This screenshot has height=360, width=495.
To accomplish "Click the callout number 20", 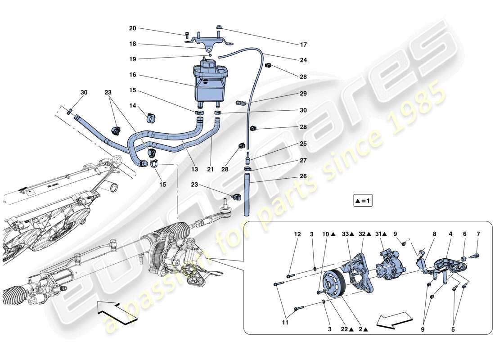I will click(x=132, y=28).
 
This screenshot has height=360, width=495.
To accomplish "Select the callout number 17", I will click(x=303, y=45).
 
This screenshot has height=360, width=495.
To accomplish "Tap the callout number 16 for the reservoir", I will click(x=132, y=75).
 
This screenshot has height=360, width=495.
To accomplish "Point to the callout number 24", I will click(x=303, y=60).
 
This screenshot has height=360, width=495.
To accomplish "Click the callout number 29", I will click(x=303, y=94).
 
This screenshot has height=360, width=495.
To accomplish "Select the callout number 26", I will click(x=303, y=176).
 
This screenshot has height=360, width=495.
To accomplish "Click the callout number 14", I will click(x=132, y=105).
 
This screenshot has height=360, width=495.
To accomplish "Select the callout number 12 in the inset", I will click(x=297, y=234).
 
